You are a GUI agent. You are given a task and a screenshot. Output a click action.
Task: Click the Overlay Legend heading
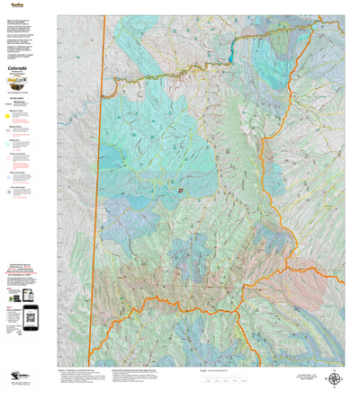(x=17, y=99)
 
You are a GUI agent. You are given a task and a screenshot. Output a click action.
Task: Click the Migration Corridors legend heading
(x=17, y=111)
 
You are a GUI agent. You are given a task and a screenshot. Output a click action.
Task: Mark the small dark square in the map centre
(x=181, y=191)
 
